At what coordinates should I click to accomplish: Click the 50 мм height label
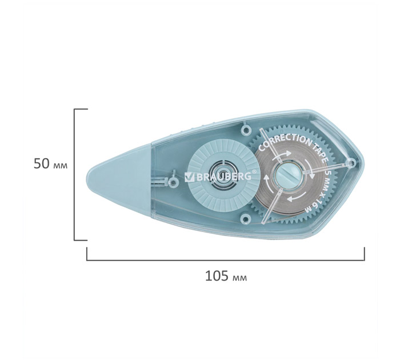pos(50,164)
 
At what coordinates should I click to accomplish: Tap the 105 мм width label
pos(226,276)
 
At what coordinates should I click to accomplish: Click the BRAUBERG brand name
pos(221,177)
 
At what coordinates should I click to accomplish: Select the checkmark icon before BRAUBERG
pos(188,177)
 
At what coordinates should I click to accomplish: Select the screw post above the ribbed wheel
pos(246,130)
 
